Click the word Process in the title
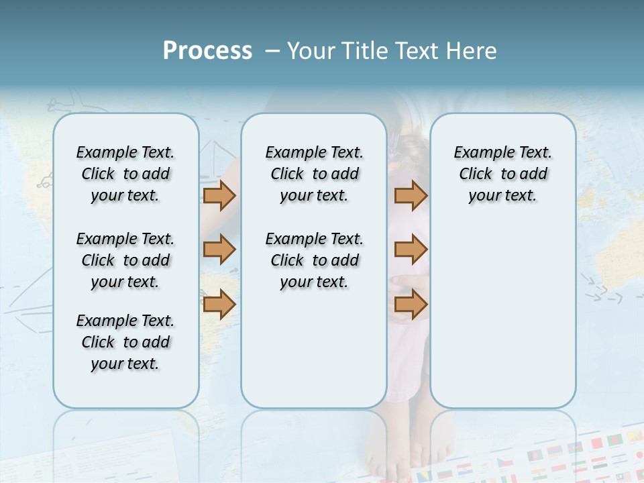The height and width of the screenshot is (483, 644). pos(207,50)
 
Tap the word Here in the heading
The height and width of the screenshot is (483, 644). pos(473,50)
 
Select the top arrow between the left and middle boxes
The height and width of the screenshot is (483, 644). pos(219,195)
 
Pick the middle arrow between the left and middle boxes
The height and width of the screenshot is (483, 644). pos(219,250)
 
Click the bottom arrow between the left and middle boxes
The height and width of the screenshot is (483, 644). pos(219,304)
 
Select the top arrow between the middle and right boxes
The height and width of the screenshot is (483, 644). pos(411,195)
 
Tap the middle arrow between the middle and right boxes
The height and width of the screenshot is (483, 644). pos(411,250)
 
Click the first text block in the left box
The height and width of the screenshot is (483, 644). pos(125,174)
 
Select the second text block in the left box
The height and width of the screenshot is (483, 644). pos(125,260)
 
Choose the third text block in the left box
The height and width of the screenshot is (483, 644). pos(125,342)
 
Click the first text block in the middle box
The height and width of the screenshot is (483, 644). pos(314,174)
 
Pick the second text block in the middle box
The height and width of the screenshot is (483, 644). pos(314,260)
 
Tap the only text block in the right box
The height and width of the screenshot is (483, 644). pos(502,174)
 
